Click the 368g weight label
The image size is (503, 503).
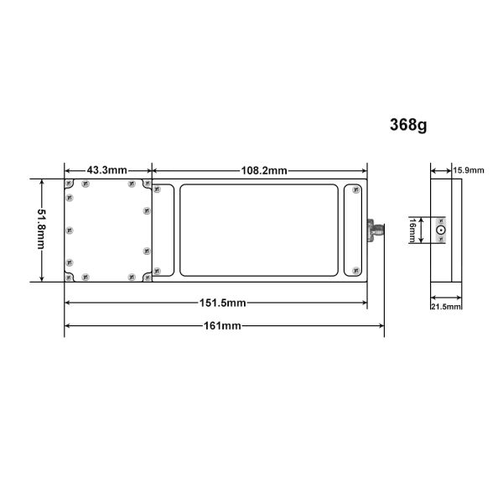click(408, 125)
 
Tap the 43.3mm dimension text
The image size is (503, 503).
click(107, 170)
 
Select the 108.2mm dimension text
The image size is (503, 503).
click(264, 170)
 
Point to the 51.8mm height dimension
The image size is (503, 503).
click(41, 229)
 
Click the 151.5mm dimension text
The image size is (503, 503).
click(223, 303)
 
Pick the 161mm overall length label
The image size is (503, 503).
click(222, 326)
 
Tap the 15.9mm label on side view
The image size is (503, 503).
click(469, 170)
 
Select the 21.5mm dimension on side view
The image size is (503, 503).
click(446, 307)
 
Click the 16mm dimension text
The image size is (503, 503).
click(412, 230)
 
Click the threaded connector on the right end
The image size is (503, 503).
click(376, 230)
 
